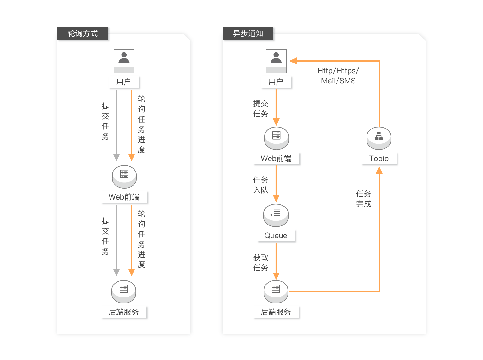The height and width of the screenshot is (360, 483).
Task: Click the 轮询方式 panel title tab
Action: coord(83,33)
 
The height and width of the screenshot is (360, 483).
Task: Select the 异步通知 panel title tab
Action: coord(248,33)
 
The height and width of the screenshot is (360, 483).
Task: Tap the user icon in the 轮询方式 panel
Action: coord(124,61)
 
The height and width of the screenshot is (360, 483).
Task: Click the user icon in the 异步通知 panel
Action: coord(276,61)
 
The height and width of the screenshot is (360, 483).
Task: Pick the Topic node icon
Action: coord(379,138)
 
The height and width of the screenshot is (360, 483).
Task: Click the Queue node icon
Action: coord(276,215)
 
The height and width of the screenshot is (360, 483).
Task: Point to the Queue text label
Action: coord(276,236)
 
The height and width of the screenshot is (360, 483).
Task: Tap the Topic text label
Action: coord(379,159)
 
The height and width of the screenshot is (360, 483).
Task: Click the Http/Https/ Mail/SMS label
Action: coord(338,76)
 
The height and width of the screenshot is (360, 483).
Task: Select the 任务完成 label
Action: coord(364,199)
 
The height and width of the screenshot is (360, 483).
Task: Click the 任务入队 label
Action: coord(261,185)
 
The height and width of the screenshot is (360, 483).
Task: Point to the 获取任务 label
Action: coord(261,263)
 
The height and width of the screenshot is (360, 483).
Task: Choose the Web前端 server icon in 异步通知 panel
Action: coord(277,138)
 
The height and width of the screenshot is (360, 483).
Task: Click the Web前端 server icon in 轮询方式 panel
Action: coord(124,176)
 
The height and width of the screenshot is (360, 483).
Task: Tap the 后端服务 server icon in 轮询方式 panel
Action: coord(124,291)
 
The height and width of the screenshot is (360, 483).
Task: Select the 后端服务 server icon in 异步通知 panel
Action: coord(276,291)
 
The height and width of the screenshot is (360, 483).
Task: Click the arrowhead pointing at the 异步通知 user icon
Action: coord(293,61)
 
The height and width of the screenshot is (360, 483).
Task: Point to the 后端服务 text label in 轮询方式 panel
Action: coord(124,312)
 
